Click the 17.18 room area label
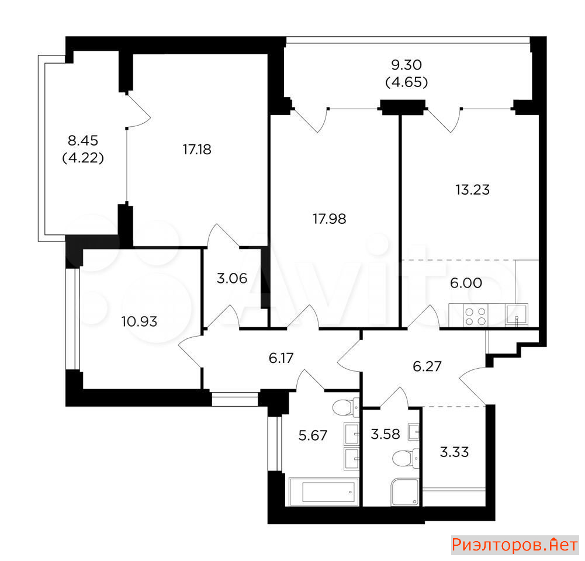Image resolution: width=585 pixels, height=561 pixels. click(197, 150)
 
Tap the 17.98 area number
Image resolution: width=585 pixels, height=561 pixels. click(330, 219)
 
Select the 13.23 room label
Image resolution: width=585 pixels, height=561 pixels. click(472, 190)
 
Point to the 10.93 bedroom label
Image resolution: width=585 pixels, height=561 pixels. click(139, 321)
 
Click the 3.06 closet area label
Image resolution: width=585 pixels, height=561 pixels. click(232, 278)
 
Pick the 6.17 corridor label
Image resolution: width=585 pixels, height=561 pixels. click(281, 358)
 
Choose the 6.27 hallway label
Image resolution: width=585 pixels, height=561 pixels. click(427, 366)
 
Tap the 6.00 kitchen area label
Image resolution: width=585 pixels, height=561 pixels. click(466, 283)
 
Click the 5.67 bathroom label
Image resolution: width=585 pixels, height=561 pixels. click(313, 435)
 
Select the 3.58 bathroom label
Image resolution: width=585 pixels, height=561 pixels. click(385, 434)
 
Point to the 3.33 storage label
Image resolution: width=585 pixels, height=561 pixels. click(454, 452)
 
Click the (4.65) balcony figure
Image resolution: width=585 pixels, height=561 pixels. click(406, 82)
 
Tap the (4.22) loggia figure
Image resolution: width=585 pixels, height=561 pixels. click(83, 158)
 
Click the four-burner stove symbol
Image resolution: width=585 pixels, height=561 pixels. click(476, 316)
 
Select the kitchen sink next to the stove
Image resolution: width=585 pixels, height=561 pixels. click(517, 316)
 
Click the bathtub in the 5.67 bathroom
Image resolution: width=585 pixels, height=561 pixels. click(324, 492)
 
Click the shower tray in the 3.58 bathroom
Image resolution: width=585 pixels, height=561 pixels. click(405, 492)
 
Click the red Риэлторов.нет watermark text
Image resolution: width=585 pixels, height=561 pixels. click(514, 545)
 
